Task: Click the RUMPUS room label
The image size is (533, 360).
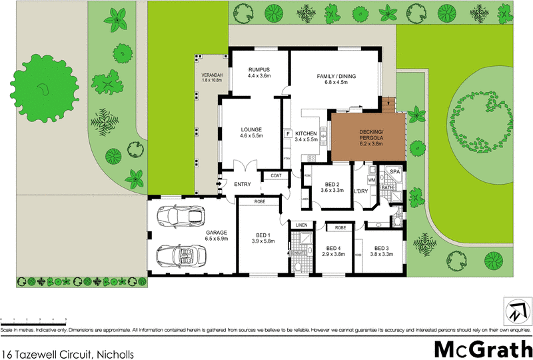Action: coord(259,69)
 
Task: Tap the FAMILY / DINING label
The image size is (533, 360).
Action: coord(336,76)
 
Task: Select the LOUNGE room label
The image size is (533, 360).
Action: coord(251,129)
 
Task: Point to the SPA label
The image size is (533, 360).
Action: coord(394,172)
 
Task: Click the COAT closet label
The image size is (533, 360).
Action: coord(276,176)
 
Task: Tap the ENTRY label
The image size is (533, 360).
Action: coord(241,185)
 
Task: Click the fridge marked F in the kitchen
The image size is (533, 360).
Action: coord(287,134)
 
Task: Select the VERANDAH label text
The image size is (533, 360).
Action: coord(211,75)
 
